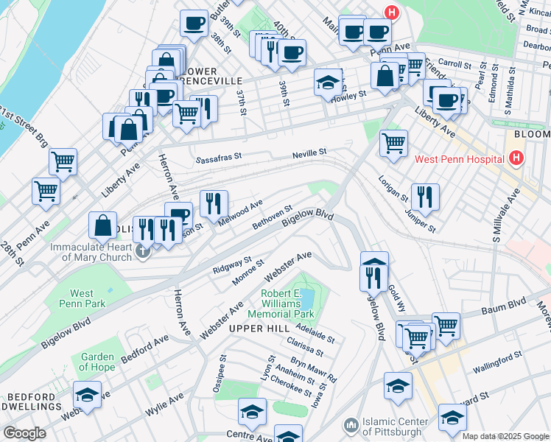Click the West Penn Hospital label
458,158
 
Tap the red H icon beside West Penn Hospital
516,158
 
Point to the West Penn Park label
92,298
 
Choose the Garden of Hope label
97,362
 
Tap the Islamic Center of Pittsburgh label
394,427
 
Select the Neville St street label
309,152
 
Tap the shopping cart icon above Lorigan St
394,141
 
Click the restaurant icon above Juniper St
425,196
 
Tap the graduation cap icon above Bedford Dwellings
88,396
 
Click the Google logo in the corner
24,432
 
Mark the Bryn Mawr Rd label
313,371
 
